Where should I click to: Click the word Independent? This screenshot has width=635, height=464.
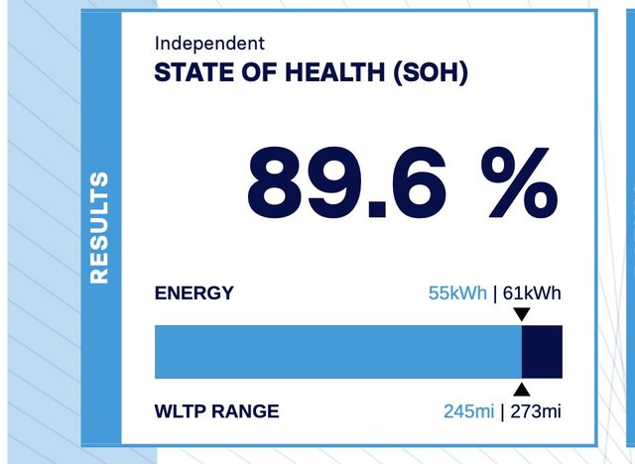tap(209, 44)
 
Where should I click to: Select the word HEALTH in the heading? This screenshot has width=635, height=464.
tap(335, 72)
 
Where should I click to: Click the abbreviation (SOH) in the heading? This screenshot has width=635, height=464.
tap(431, 73)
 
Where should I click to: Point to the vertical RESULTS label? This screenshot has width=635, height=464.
tap(99, 228)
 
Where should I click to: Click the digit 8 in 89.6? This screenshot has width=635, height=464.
tap(275, 182)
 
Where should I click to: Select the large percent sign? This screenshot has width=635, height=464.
tap(520, 182)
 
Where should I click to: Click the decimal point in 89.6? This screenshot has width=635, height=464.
tap(377, 209)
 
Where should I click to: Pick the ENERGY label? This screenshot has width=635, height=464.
tap(194, 292)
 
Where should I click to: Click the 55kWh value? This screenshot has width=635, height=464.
tap(457, 292)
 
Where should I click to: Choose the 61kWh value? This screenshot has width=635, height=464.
tap(532, 292)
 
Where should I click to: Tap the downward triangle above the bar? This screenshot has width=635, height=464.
tap(522, 313)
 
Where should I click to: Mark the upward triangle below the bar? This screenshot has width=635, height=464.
tap(522, 390)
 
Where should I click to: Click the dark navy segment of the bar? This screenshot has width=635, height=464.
tap(542, 352)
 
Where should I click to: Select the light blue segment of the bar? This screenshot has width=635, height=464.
tap(338, 352)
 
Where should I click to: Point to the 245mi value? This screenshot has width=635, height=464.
tap(469, 411)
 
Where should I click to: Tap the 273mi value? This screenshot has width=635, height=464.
tap(536, 411)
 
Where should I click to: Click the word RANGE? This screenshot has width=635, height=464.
tap(245, 411)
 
